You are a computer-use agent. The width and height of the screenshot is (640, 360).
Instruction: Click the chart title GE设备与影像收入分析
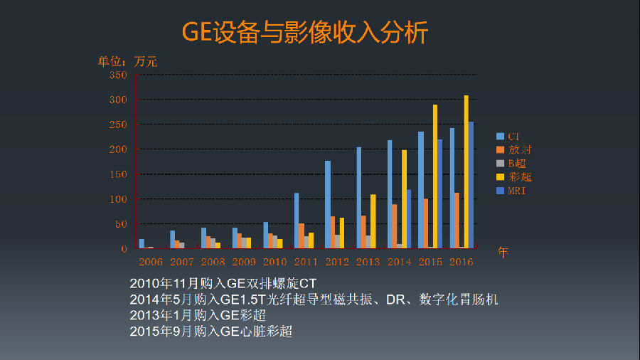coord(306,32)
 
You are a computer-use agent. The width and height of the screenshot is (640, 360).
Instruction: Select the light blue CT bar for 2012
coord(328,204)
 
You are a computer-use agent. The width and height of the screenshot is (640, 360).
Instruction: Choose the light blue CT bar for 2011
coord(297,221)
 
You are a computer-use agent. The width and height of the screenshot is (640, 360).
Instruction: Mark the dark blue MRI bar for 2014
coord(408,218)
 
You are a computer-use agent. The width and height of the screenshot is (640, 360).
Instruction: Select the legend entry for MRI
coord(514,191)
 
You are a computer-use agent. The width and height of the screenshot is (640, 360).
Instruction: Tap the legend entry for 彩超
coord(514,177)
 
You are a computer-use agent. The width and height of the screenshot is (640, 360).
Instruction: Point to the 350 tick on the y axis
coord(118,75)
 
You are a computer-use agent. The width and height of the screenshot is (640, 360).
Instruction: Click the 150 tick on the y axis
coord(118,174)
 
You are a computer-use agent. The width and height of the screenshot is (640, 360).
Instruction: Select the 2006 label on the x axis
coord(151,262)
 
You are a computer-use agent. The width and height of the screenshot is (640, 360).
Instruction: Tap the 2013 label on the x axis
coord(368,262)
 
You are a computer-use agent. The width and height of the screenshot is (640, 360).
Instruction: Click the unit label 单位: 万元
coord(128,62)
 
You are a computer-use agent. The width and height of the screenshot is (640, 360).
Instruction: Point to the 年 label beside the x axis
coord(503,253)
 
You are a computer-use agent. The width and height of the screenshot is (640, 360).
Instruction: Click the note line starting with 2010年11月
coord(223,283)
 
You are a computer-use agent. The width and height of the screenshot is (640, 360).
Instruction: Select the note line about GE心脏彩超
coord(211,332)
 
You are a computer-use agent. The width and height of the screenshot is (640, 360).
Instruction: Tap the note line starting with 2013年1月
coord(198,315)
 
